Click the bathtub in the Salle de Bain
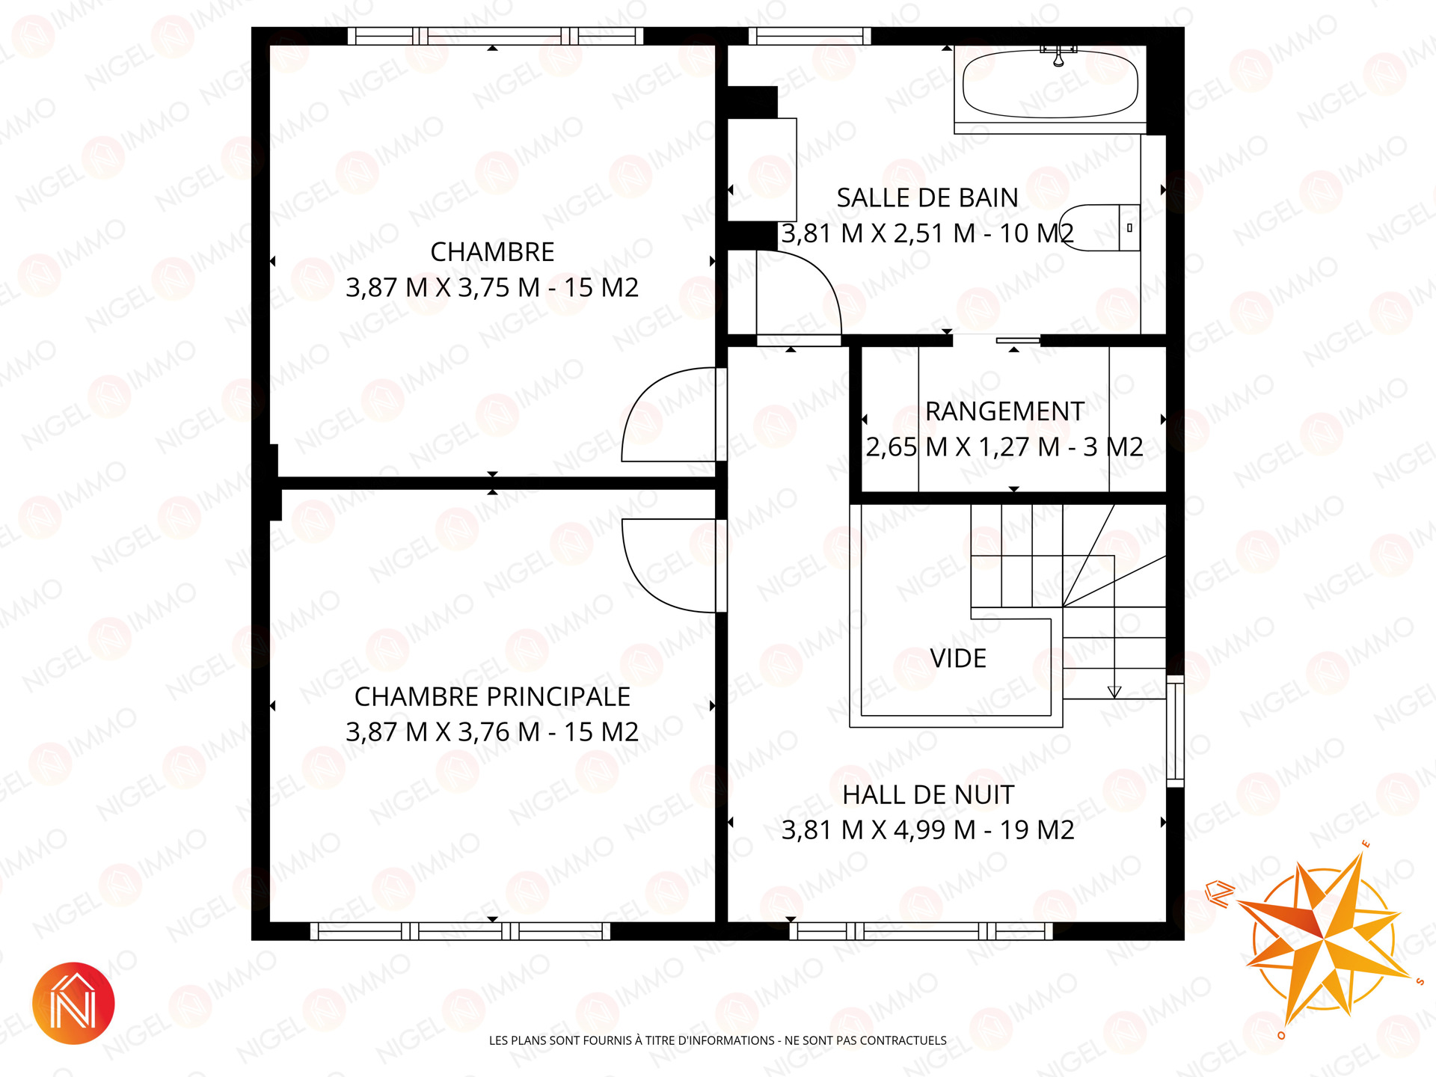1050,85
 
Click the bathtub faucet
1058,55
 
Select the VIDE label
958,658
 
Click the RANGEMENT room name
1004,411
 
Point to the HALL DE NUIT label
928,794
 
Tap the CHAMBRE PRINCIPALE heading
492,696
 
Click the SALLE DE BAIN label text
927,197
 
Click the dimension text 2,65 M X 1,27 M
963,447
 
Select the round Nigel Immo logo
73,1003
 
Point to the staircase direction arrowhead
1114,692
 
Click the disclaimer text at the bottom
718,1040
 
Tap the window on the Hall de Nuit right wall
1175,731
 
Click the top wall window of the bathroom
810,36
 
